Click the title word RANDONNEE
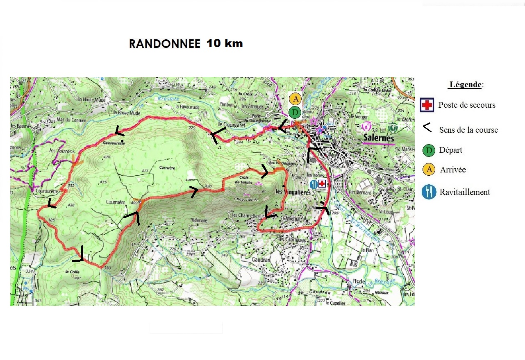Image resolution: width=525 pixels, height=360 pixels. tap(164, 44)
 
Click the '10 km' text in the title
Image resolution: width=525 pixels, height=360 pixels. tap(225, 43)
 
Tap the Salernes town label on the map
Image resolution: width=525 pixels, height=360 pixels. tap(378, 138)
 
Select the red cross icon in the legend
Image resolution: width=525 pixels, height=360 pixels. tap(427, 105)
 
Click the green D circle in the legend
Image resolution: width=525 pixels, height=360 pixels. tap(429, 150)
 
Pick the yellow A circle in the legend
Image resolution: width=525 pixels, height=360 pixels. tap(429, 170)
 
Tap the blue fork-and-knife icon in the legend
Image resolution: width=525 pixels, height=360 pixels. tap(429, 192)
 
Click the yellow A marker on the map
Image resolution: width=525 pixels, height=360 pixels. tap(295, 99)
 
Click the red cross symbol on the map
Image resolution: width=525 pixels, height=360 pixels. tap(322, 183)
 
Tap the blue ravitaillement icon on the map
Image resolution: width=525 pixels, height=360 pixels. tap(314, 184)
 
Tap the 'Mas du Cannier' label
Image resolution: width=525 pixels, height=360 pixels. tap(72, 120)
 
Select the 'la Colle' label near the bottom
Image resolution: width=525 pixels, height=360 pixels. tap(72, 271)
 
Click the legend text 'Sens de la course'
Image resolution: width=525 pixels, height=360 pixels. tap(468, 130)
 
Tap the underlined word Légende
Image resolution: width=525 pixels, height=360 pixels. tap(465, 85)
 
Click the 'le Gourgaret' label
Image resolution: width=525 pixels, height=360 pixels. tap(228, 124)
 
